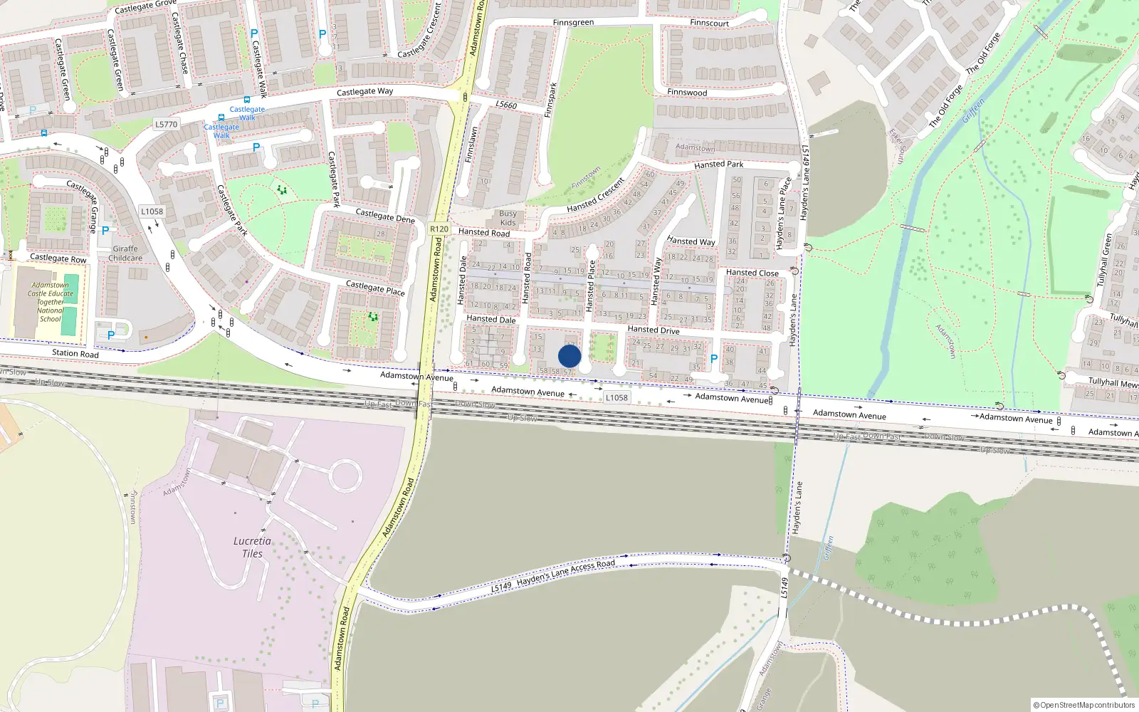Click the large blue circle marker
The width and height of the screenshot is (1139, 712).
569,356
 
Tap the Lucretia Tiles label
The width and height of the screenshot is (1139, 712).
252,547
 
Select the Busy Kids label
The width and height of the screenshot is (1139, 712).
508,218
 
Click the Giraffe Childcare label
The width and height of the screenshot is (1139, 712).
125,253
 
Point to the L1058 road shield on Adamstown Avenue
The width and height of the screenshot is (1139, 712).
616,397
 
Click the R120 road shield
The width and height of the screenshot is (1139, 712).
439,229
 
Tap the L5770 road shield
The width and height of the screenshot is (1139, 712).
166,125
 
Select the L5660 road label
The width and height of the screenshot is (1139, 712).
506,105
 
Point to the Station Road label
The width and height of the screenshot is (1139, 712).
75,353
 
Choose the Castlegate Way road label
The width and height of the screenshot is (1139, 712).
364,92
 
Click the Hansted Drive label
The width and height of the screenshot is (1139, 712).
653,330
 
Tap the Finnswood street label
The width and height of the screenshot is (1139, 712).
687,93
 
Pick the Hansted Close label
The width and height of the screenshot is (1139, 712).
752,273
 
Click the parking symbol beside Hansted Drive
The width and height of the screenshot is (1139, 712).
714,359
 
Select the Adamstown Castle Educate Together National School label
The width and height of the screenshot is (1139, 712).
51,302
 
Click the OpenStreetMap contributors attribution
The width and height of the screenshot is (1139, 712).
1083,705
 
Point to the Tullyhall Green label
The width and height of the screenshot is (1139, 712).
1105,259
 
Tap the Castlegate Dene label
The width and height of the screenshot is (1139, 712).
384,216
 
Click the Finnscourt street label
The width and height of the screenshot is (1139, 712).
709,23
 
